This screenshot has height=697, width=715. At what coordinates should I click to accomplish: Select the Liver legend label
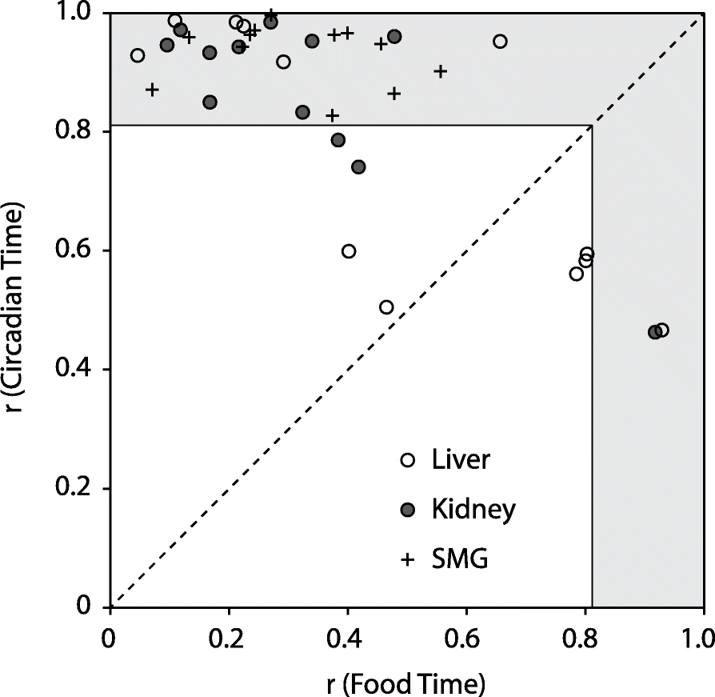(461, 460)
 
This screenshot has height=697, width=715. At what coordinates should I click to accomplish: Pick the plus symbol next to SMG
(407, 560)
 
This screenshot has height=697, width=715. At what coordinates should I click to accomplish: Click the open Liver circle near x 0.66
(501, 42)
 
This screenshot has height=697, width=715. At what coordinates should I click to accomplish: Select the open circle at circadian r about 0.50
(386, 307)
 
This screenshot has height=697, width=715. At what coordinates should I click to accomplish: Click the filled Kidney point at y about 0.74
(358, 166)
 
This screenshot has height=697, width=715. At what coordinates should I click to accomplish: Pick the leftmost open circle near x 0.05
(138, 55)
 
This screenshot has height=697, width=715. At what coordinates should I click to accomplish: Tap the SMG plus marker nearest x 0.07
(152, 89)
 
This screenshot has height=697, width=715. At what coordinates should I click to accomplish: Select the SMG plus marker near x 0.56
(440, 71)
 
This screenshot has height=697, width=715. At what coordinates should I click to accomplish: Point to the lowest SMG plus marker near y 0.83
(332, 115)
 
